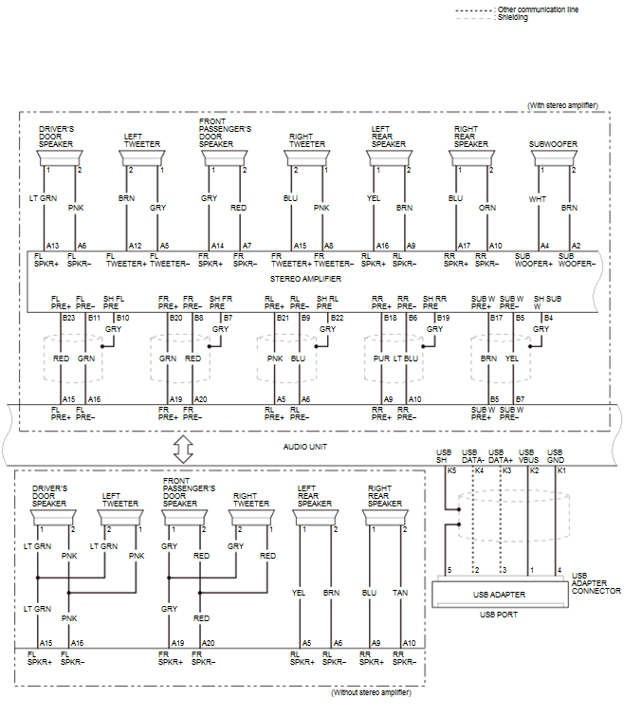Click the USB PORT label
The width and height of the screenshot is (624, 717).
pyautogui.click(x=499, y=615)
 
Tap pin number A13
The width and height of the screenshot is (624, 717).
pyautogui.click(x=52, y=245)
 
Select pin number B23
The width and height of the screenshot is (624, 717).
pyautogui.click(x=68, y=318)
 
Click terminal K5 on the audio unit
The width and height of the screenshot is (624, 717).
pyautogui.click(x=451, y=470)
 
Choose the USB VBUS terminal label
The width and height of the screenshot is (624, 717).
pyautogui.click(x=527, y=455)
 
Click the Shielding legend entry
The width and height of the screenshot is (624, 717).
pyautogui.click(x=513, y=17)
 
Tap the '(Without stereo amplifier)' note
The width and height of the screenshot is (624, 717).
pyautogui.click(x=371, y=693)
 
